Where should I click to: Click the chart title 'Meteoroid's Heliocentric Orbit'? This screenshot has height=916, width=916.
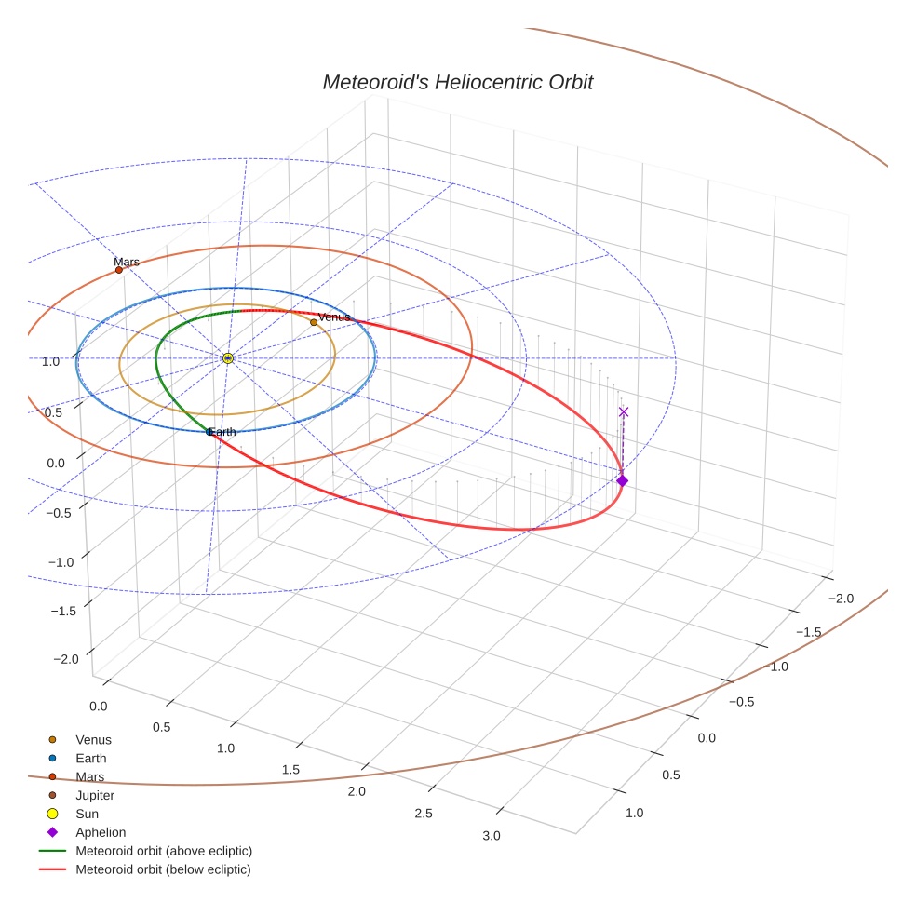(x=457, y=83)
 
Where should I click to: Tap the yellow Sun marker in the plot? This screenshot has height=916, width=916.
(x=228, y=358)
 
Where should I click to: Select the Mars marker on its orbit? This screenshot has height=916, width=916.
(x=119, y=270)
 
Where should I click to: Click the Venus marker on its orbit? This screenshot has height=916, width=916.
(x=314, y=322)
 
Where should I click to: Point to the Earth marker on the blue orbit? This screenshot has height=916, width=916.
(x=209, y=432)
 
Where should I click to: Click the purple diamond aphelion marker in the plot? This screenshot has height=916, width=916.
(x=622, y=480)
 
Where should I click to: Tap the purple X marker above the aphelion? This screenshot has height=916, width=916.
(x=624, y=411)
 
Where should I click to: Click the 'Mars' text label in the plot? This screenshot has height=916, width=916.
(x=127, y=262)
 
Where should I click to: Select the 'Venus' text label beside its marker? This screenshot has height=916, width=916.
(x=334, y=317)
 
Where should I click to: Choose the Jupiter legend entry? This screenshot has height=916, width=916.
(x=95, y=795)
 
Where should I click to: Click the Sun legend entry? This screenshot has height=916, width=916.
(x=88, y=814)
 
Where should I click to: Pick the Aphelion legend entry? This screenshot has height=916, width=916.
(x=101, y=832)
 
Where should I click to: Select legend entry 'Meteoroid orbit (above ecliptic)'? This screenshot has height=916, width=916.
(x=164, y=851)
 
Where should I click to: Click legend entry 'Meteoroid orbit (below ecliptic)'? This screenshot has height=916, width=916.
(x=163, y=869)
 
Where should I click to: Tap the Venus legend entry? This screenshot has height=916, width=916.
(x=93, y=739)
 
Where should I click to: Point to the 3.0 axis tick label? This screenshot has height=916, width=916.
(x=492, y=835)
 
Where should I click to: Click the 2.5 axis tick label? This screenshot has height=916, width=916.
(x=424, y=813)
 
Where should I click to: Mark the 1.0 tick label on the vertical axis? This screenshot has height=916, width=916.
(x=51, y=361)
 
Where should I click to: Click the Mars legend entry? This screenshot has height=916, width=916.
(x=90, y=776)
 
